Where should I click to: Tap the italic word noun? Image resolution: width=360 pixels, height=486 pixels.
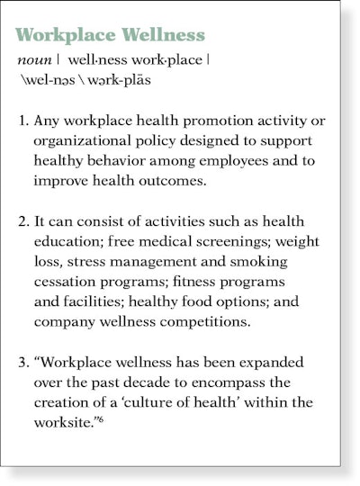[34, 61]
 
